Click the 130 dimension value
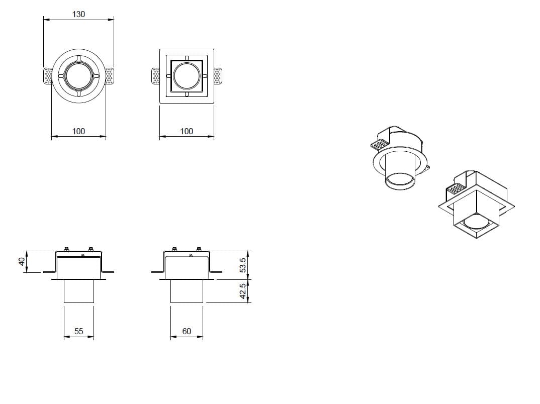(78, 14)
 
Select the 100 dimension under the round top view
(78, 131)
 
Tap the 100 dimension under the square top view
(187, 131)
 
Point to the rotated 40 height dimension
(22, 262)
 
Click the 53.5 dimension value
(243, 265)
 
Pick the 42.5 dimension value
(243, 291)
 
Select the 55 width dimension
(78, 331)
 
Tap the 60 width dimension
(187, 331)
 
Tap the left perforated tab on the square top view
(156, 76)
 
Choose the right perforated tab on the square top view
(217, 76)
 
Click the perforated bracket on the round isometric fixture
(380, 145)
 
